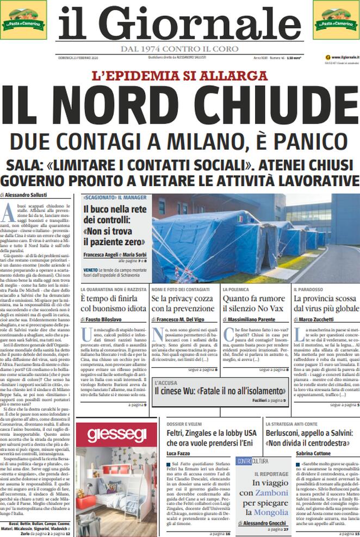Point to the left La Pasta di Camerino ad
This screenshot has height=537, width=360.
[23, 20]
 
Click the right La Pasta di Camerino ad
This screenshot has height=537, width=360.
[336, 20]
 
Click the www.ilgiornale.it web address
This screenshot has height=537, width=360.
[342, 57]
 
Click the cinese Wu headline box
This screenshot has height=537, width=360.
[220, 390]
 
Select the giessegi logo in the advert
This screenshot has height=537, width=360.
[116, 434]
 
